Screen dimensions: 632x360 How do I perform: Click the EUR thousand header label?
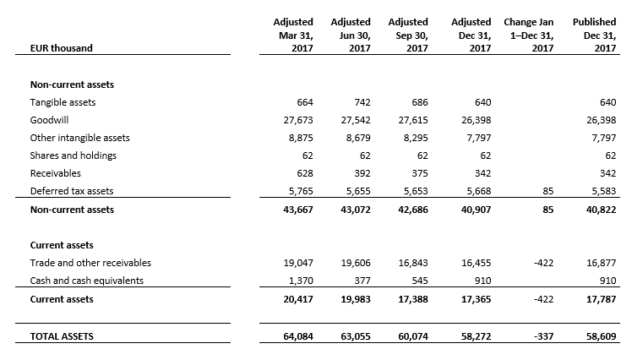(x=62, y=48)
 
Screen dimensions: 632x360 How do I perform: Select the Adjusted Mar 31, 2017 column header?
(x=293, y=35)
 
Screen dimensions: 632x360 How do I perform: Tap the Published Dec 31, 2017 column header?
(x=595, y=35)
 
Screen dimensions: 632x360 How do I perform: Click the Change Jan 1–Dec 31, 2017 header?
(x=528, y=35)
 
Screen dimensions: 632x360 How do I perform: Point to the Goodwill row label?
(x=49, y=120)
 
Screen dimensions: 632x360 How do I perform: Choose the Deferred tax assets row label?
(x=72, y=191)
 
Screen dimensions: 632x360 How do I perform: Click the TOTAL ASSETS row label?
(x=62, y=336)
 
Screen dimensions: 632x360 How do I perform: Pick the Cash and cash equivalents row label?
(x=87, y=281)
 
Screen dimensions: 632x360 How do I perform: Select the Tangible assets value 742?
(x=362, y=102)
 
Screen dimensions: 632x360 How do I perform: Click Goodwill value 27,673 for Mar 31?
(x=298, y=120)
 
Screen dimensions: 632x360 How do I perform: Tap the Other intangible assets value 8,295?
(x=416, y=138)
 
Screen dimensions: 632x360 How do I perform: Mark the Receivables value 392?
(x=362, y=173)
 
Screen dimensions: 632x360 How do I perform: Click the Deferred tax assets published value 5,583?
(x=604, y=191)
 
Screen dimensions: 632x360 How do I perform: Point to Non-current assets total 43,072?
(x=356, y=210)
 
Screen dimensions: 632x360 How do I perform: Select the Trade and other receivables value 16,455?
(x=476, y=263)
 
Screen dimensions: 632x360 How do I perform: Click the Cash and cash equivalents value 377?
(x=362, y=281)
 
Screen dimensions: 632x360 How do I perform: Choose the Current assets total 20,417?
(x=298, y=299)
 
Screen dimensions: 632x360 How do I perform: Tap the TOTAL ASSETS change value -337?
(x=543, y=336)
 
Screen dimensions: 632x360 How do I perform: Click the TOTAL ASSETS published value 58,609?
(x=601, y=336)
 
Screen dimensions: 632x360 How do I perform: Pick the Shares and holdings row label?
(x=73, y=155)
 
